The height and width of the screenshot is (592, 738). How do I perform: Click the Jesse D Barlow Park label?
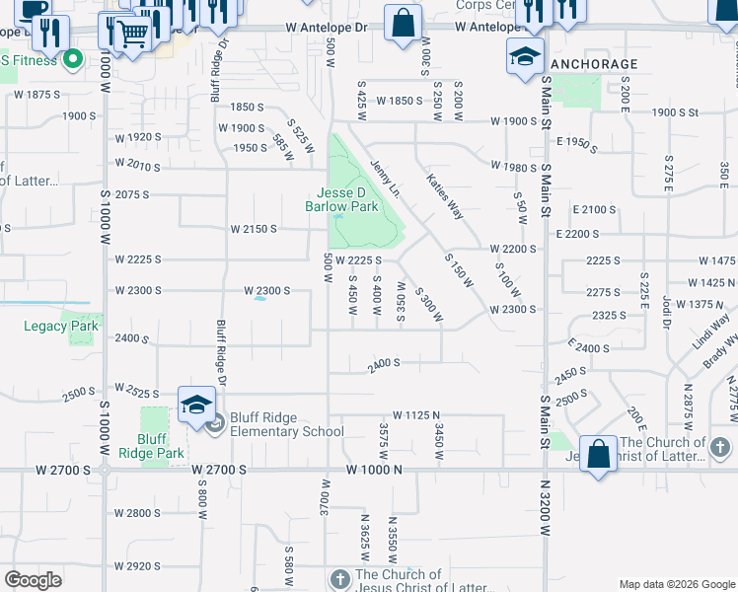pyautogui.click(x=347, y=200)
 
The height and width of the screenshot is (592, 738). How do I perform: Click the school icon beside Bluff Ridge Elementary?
pyautogui.click(x=197, y=406)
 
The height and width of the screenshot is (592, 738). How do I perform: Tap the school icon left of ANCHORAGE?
pyautogui.click(x=526, y=56)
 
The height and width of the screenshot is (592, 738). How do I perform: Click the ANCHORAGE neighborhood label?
pyautogui.click(x=593, y=64)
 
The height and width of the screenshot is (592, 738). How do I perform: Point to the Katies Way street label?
pyautogui.click(x=445, y=195)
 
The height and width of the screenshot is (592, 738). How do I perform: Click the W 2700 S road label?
pyautogui.click(x=218, y=471)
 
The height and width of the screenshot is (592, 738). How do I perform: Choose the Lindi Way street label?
pyautogui.click(x=710, y=330)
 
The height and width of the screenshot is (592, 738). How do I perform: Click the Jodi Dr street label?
pyautogui.click(x=668, y=309)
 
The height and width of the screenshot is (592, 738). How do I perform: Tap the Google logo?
pyautogui.click(x=34, y=580)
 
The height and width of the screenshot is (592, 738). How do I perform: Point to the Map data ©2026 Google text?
pyautogui.click(x=676, y=584)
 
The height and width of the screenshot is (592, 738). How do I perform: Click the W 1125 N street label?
pyautogui.click(x=415, y=415)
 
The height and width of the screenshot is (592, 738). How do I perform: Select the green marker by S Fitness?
pyautogui.click(x=72, y=61)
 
